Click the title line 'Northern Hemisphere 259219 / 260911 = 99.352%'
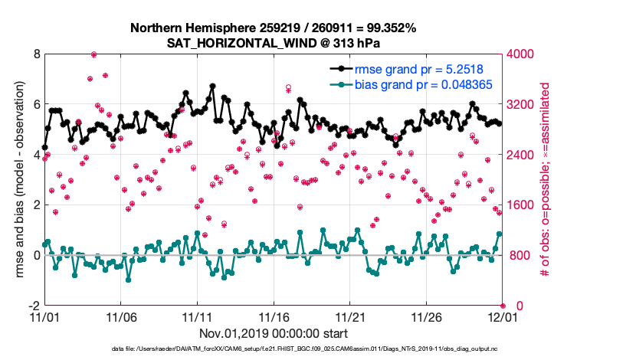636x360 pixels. pos(274,28)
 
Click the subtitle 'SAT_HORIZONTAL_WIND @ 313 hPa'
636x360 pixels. pos(274,43)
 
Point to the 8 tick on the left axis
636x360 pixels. pos(36,54)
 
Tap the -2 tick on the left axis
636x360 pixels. pos(34,306)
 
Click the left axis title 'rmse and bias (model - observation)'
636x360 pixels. pos(17,179)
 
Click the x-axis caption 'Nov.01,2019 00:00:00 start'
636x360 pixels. pos(274,333)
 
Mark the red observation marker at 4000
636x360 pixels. pos(93,54)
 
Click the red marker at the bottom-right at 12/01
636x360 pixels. pos(503,306)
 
